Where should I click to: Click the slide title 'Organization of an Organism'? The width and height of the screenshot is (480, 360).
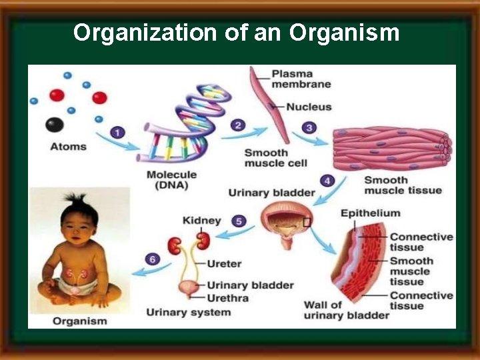(237, 32)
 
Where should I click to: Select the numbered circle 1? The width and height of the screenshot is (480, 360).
(118, 133)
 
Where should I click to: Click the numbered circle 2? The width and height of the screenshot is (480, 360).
(238, 125)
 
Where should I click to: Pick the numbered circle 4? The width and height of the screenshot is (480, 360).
(327, 180)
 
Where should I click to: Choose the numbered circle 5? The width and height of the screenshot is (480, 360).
(239, 221)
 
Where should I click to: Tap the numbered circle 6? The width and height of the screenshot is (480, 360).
(153, 259)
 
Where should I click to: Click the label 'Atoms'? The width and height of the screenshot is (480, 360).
(68, 146)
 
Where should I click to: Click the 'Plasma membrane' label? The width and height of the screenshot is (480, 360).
(301, 79)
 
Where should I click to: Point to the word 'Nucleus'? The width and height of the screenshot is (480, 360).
(309, 107)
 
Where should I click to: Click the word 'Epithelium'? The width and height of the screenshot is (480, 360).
(371, 213)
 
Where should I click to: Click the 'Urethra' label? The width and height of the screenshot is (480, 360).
(227, 297)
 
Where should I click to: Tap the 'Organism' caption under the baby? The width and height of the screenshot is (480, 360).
(80, 321)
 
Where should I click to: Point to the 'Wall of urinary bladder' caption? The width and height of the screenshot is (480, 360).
(346, 311)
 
